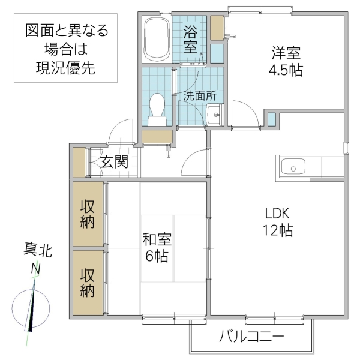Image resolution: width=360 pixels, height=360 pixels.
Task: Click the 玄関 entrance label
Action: [x=114, y=161]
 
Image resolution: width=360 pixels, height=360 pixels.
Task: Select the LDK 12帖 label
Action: [x=277, y=221]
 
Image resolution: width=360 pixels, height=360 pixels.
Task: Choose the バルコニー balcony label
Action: [x=251, y=335]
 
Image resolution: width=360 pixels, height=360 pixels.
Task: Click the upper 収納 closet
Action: [x=88, y=213]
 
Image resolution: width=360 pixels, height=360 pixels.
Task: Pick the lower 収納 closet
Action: [x=88, y=283]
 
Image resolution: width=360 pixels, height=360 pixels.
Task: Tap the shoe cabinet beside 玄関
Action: [x=79, y=161]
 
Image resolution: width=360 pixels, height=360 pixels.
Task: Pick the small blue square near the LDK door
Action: [x=272, y=118]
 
